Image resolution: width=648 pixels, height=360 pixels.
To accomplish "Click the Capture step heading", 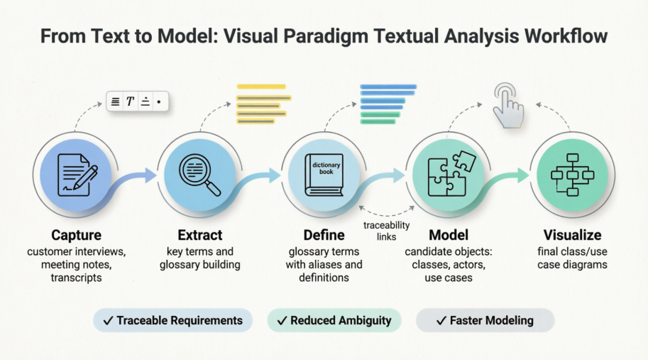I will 76,235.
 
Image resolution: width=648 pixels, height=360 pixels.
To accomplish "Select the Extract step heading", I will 199,235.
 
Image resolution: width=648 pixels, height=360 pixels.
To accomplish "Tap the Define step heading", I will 324,235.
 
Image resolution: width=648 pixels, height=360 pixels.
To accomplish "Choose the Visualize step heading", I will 572,235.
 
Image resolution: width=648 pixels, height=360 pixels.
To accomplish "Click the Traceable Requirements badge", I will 172,320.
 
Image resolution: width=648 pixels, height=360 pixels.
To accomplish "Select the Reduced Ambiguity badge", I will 334,320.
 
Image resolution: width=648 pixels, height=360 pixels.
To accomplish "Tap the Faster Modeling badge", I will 484,320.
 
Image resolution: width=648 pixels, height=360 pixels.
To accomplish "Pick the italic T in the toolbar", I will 131,102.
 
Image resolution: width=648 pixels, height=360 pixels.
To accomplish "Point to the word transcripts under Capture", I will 76,278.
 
